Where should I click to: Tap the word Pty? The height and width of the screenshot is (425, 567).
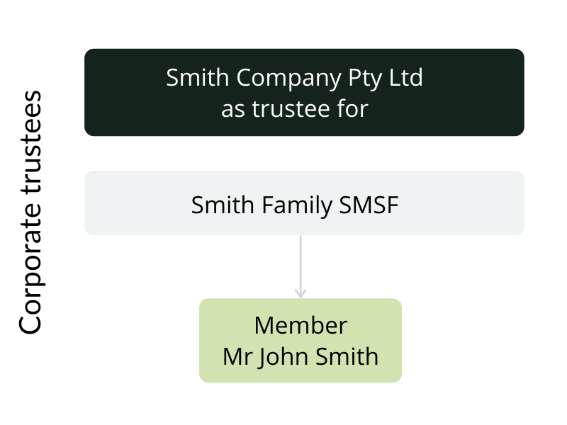pos(364,78)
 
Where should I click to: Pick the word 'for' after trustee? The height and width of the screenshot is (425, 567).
pos(354,110)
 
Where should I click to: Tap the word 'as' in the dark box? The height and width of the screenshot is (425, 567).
pos(232,110)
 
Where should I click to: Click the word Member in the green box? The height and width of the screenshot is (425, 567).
pos(301,325)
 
